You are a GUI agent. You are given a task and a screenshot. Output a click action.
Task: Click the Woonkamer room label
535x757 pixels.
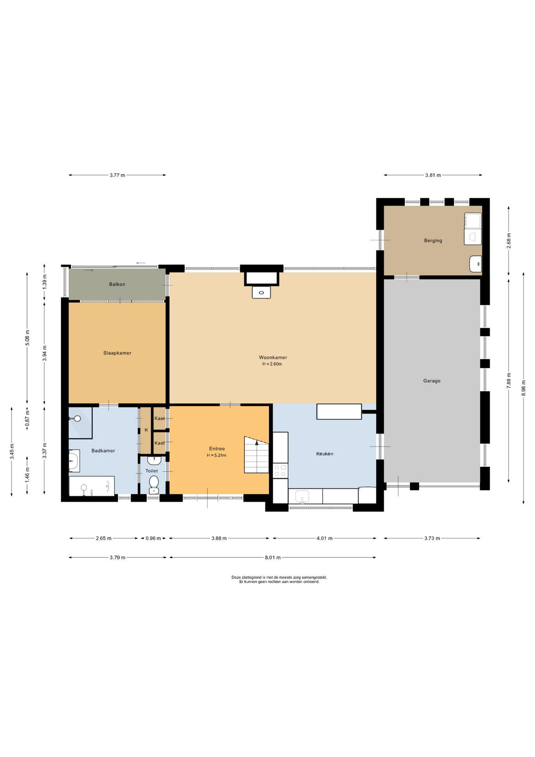click(273, 358)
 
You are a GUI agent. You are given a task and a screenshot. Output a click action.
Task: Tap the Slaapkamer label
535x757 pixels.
click(117, 353)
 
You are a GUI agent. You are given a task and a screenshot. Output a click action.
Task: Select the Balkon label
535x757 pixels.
click(117, 284)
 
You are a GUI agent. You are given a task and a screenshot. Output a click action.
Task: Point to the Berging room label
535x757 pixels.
click(433, 241)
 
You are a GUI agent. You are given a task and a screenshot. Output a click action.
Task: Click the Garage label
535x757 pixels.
click(432, 381)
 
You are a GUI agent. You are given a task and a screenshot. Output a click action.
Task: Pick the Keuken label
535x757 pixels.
click(325, 454)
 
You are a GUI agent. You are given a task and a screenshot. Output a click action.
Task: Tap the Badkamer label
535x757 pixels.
click(103, 451)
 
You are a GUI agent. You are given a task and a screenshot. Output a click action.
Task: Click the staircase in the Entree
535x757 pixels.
click(256, 454)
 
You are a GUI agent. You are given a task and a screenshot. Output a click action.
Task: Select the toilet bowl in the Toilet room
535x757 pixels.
click(154, 482)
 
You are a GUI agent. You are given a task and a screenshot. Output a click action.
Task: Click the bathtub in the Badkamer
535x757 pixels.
click(92, 486)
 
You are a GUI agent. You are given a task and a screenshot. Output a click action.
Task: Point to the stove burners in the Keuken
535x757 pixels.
click(281, 470)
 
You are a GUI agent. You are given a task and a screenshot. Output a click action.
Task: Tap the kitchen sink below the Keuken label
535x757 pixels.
click(303, 496)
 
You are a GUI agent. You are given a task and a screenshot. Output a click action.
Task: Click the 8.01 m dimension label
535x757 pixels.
click(273, 557)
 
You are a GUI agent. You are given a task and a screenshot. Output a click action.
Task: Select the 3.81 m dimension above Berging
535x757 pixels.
click(433, 175)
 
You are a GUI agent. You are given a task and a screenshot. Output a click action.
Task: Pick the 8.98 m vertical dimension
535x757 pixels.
click(524, 388)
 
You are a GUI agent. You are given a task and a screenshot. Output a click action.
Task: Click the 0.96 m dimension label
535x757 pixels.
click(153, 538)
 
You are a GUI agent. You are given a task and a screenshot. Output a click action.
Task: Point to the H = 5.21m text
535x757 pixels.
click(217, 455)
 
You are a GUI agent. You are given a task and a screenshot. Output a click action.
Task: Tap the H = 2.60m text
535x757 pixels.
click(272, 364)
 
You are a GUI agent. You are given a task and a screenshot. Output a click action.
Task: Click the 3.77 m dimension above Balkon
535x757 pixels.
click(117, 175)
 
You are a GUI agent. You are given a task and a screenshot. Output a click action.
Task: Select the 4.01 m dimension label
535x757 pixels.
click(325, 538)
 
